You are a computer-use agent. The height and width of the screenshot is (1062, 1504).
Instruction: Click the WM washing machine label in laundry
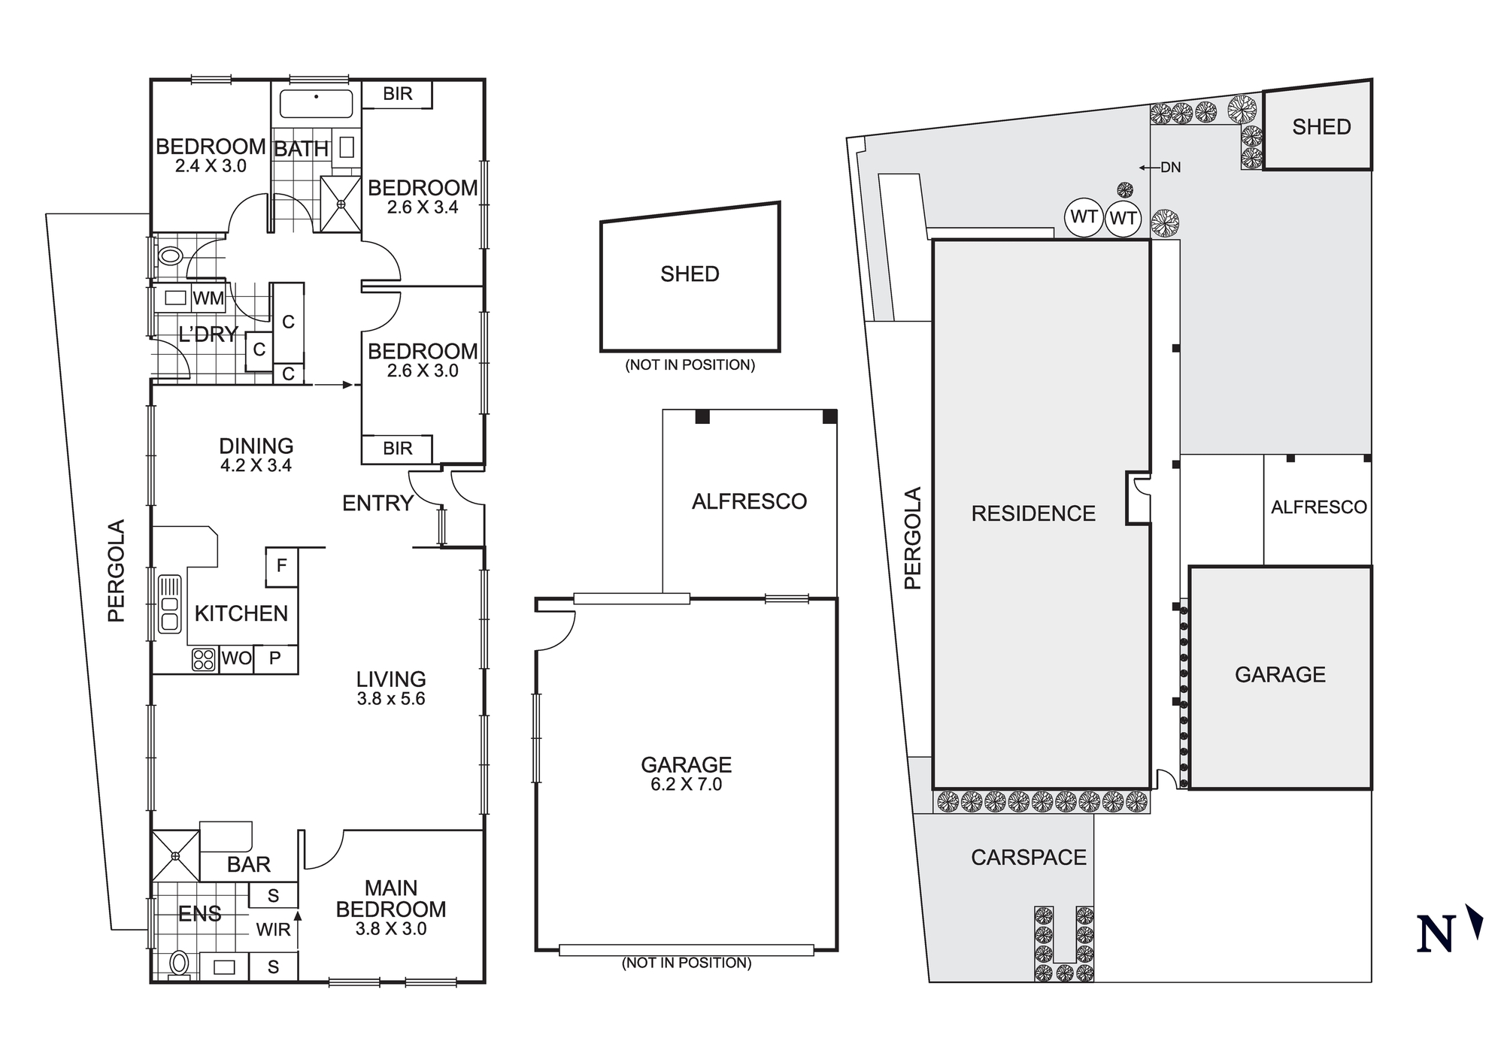click(x=208, y=298)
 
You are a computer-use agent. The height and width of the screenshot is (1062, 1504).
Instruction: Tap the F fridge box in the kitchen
click(x=281, y=566)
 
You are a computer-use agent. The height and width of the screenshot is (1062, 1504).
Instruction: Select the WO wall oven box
click(x=236, y=659)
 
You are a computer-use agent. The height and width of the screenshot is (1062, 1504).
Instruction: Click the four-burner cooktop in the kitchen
click(x=204, y=660)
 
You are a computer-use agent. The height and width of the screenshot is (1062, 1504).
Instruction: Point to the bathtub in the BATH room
click(x=316, y=104)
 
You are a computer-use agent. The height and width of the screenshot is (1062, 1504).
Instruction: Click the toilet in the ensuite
click(x=179, y=963)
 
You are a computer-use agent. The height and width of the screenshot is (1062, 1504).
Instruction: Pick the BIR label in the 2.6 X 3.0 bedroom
click(x=397, y=449)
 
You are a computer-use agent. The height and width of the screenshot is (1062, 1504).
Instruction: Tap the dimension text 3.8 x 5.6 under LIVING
click(x=391, y=699)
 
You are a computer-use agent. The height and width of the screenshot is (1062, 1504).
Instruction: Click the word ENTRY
click(x=378, y=504)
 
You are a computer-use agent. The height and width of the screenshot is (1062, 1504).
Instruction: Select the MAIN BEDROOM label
click(x=391, y=899)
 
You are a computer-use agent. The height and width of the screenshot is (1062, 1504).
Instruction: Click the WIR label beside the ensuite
click(x=273, y=930)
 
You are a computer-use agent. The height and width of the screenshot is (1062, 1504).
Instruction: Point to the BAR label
click(x=248, y=864)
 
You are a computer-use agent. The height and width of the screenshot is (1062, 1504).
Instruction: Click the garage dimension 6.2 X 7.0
click(x=686, y=785)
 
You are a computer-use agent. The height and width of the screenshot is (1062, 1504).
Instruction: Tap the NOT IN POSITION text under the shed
click(x=690, y=365)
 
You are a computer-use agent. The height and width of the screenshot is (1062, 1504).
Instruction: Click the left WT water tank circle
click(x=1084, y=217)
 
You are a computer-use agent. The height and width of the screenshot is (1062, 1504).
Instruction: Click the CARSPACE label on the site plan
click(x=1028, y=858)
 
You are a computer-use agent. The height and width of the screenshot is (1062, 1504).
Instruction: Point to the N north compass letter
click(x=1435, y=935)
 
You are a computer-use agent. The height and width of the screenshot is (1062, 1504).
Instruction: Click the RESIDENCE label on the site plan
click(x=1033, y=514)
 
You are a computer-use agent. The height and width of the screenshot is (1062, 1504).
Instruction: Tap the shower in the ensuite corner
click(x=175, y=855)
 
